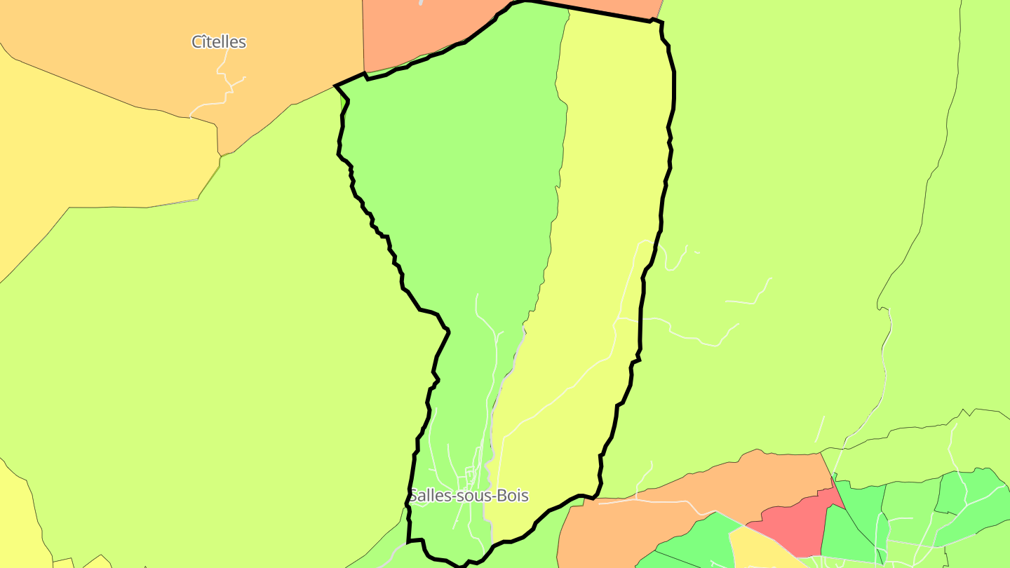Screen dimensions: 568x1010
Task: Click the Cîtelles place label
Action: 219,42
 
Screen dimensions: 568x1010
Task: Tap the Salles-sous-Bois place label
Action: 469,496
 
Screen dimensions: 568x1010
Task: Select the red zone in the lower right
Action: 796,522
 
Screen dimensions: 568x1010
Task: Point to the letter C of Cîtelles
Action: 197,42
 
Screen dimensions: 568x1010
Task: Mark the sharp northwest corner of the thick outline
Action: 336,86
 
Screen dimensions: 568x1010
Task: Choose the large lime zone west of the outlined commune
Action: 210,351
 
